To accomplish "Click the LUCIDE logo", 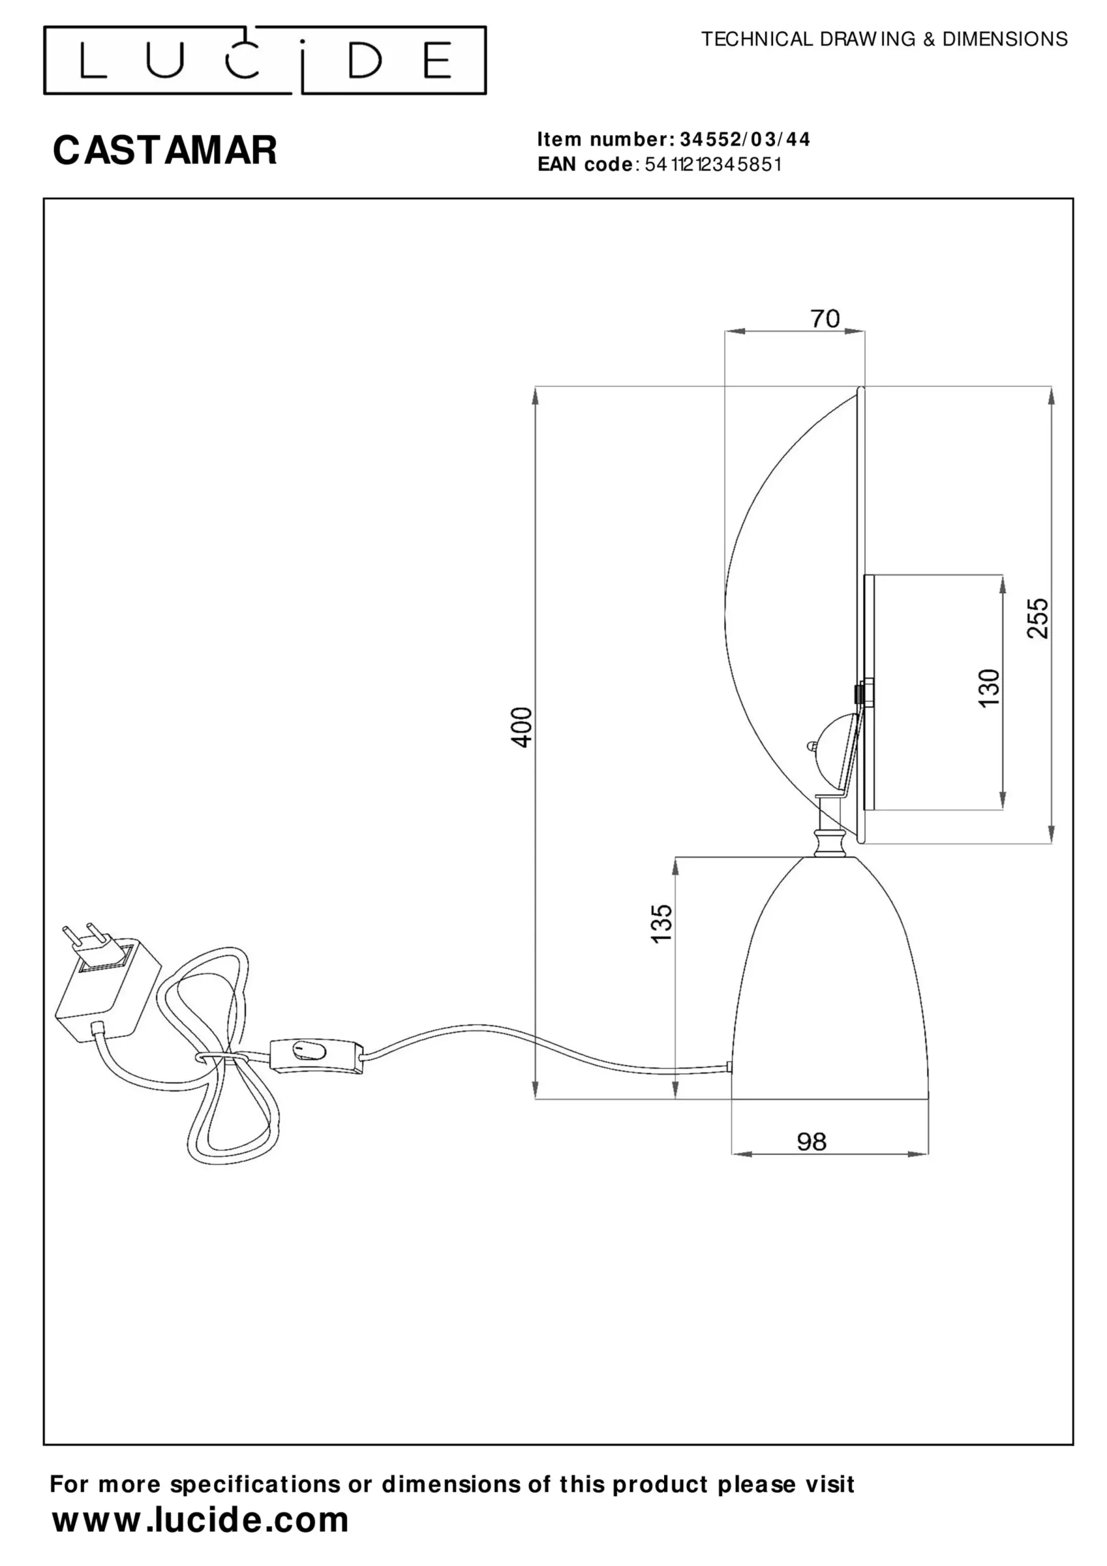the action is pos(265,60).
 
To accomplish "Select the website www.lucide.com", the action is pos(201,1520).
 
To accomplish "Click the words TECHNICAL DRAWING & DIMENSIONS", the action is pos(884,40).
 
